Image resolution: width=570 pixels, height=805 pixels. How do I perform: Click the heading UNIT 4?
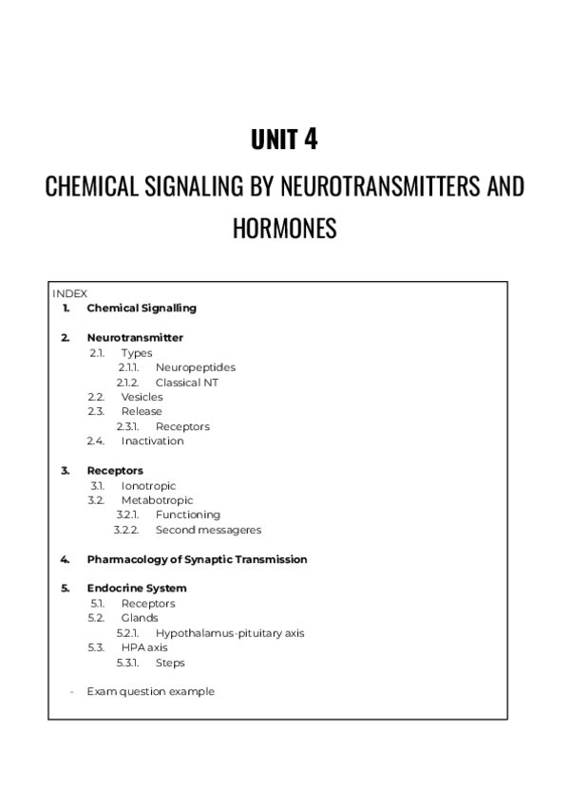(x=284, y=140)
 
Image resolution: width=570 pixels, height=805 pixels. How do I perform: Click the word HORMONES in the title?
(x=284, y=229)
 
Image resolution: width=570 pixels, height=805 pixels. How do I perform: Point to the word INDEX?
(x=69, y=294)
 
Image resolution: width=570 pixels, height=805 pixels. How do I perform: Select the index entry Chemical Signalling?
(x=142, y=308)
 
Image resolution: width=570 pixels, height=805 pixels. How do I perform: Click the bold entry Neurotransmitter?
(x=135, y=337)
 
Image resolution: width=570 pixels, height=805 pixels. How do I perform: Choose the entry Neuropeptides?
(x=195, y=367)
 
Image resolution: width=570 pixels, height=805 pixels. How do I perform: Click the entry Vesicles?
(x=142, y=397)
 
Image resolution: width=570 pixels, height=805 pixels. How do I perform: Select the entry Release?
(x=142, y=411)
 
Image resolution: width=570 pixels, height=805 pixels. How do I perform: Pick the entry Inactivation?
(x=152, y=440)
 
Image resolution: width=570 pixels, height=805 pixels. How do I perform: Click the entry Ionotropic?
(x=148, y=486)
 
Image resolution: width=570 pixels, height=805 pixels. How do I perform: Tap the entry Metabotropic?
(x=157, y=500)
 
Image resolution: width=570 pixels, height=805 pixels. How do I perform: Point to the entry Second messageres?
(x=208, y=530)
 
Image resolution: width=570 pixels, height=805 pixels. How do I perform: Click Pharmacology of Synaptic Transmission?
(x=197, y=559)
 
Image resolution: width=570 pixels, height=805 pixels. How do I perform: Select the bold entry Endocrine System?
(x=137, y=589)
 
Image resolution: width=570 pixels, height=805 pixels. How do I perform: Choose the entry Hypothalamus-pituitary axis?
(x=230, y=633)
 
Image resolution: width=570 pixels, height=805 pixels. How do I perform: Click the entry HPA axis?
(x=143, y=647)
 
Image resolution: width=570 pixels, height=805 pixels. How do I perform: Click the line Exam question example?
(x=150, y=691)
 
